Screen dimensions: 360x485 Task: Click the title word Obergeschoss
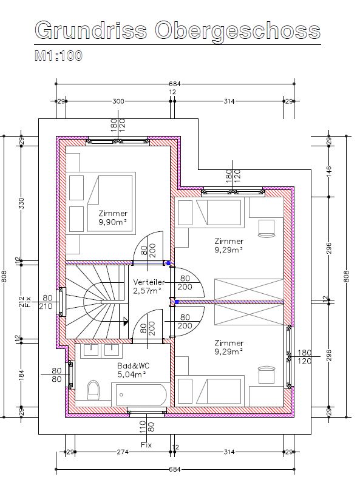tap(237, 31)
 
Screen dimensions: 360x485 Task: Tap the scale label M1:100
tap(59, 56)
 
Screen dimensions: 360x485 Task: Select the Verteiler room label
tap(149, 282)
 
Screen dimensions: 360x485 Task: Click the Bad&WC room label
tap(134, 366)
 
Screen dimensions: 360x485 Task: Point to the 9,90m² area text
tap(113, 222)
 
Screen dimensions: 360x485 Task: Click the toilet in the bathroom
tap(93, 389)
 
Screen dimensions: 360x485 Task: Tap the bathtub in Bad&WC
tap(141, 395)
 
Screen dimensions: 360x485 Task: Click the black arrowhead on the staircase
tap(126, 321)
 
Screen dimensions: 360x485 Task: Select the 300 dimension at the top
tap(118, 101)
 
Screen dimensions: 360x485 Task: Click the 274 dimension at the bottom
tap(123, 452)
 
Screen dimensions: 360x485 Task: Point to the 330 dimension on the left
tap(22, 203)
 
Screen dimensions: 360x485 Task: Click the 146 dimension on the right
tap(329, 171)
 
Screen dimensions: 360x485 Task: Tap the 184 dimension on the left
tap(21, 374)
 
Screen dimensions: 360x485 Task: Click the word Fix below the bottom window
tap(146, 445)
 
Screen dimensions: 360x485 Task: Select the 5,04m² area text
tap(132, 375)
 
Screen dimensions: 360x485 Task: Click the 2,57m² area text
tap(148, 291)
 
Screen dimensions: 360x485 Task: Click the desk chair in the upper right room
tap(267, 228)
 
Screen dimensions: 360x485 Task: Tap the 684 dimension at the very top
tap(175, 84)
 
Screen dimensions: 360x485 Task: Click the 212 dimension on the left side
tap(21, 302)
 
